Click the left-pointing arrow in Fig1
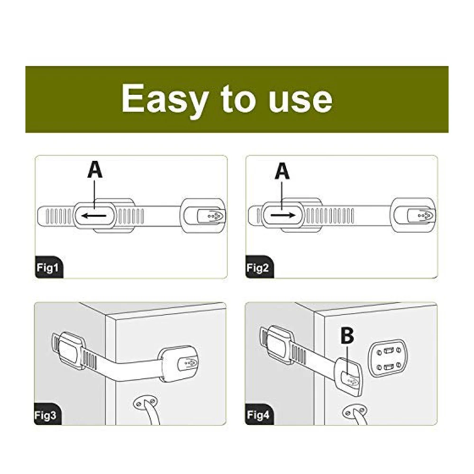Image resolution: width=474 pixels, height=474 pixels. (94, 216)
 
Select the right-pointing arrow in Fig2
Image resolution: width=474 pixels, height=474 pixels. (283, 215)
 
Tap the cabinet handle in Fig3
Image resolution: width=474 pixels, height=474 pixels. (147, 410)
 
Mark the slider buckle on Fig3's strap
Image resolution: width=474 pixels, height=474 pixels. (72, 347)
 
